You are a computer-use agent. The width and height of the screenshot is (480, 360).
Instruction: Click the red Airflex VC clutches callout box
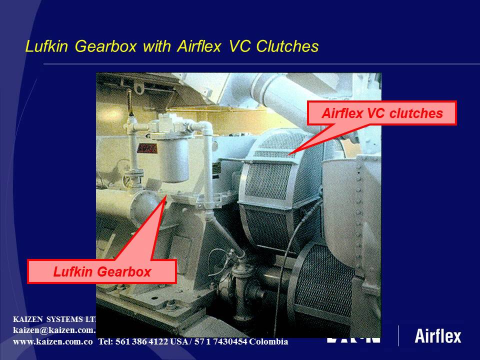[382, 113]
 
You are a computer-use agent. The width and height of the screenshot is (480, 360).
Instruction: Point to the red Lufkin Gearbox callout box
[102, 272]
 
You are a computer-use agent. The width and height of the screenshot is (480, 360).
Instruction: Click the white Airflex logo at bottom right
[438, 336]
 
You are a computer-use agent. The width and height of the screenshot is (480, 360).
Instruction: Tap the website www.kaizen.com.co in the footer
[53, 342]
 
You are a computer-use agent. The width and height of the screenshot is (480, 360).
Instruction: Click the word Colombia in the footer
[268, 342]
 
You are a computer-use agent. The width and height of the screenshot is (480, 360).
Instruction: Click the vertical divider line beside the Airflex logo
[398, 335]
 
